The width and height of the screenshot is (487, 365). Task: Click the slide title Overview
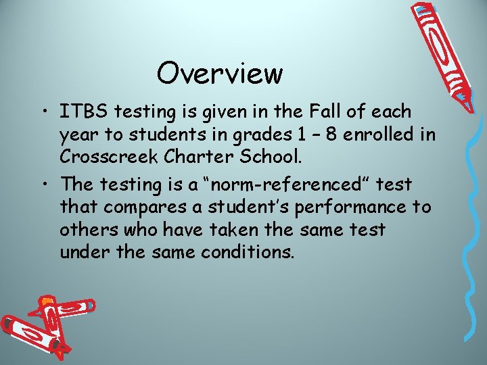point(219,73)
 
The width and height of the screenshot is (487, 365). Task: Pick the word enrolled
point(375,134)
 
